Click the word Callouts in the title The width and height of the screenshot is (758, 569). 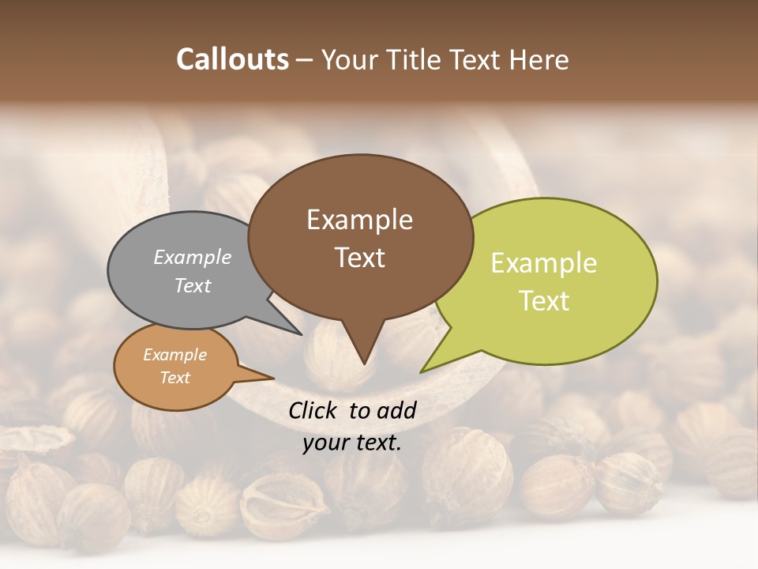pyautogui.click(x=232, y=59)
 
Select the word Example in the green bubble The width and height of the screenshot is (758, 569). pyautogui.click(x=544, y=263)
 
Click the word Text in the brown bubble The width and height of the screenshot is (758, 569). pyautogui.click(x=360, y=257)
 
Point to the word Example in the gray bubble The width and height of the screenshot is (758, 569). pyautogui.click(x=193, y=257)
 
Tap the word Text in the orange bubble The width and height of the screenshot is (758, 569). pyautogui.click(x=175, y=378)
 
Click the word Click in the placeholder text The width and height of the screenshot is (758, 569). pyautogui.click(x=313, y=409)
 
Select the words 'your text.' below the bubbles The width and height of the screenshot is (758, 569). pyautogui.click(x=352, y=443)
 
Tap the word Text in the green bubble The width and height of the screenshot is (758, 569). pyautogui.click(x=545, y=301)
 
